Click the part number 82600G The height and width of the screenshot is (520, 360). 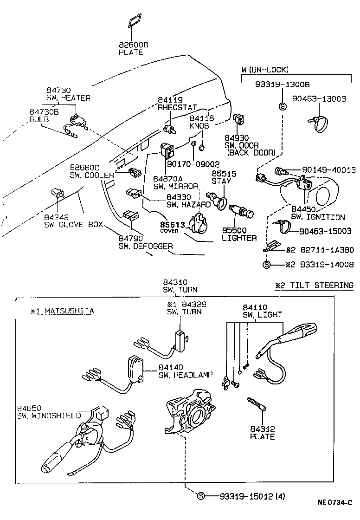pos(134,45)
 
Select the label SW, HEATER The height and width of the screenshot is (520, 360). pos(68,98)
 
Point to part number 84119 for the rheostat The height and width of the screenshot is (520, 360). pos(170,100)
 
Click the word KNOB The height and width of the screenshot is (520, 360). pos(199,126)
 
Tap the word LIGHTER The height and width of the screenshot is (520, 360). pos(239,238)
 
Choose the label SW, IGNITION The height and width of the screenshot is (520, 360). pos(318,217)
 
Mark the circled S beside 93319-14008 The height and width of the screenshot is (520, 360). pos(267,265)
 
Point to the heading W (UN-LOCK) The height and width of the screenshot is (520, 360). pos(265,70)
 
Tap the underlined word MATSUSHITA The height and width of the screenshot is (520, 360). pos(69,311)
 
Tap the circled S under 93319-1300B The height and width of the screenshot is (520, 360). pos(282,106)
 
